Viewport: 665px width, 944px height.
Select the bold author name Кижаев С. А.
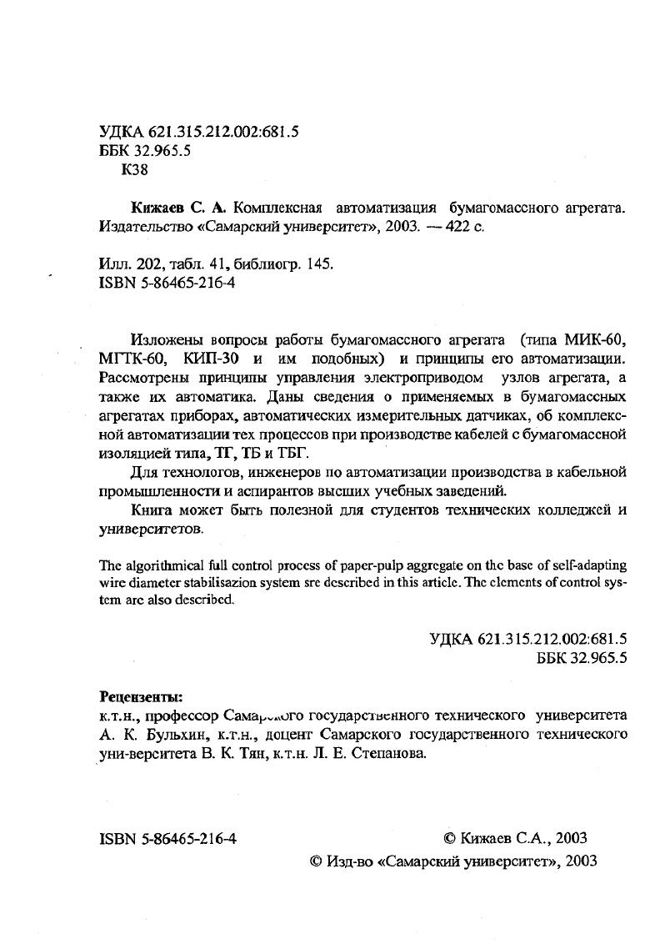(x=179, y=208)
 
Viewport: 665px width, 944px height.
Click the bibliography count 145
(x=320, y=264)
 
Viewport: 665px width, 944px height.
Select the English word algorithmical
(x=161, y=566)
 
